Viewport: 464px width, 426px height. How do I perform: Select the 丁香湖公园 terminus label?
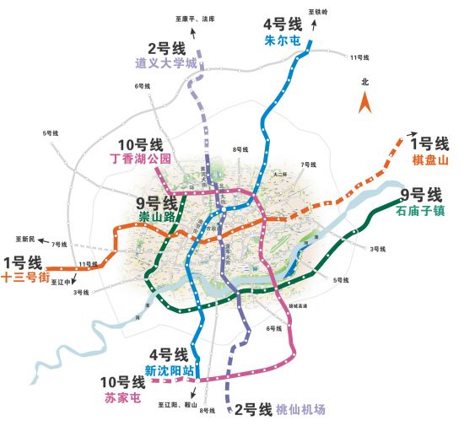click(142, 157)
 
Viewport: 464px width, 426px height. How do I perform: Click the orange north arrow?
click(365, 102)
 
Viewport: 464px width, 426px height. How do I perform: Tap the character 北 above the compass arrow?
click(365, 83)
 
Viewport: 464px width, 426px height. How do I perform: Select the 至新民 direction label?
click(27, 239)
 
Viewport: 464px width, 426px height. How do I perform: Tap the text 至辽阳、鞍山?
click(175, 405)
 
